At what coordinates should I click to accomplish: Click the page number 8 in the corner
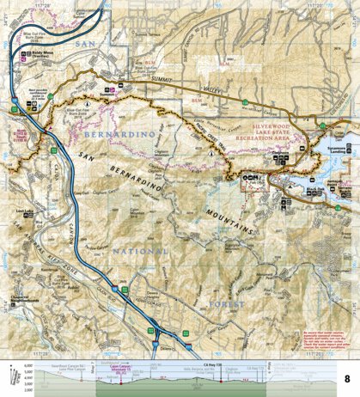tap(346, 354)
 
